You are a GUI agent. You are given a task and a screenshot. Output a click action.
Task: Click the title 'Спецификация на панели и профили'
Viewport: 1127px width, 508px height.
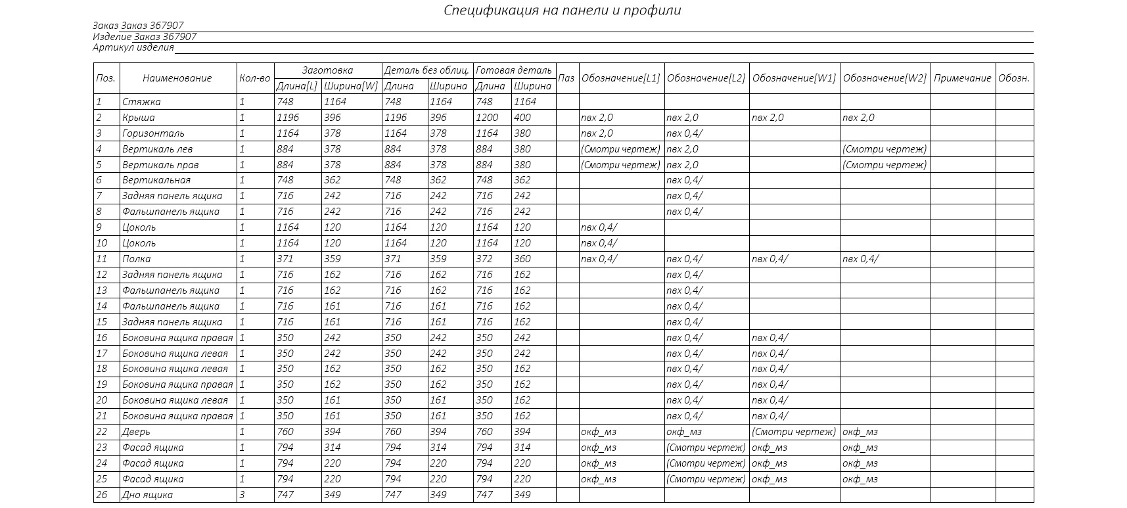[562, 11]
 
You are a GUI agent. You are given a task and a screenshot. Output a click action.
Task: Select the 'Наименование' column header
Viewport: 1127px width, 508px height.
[177, 78]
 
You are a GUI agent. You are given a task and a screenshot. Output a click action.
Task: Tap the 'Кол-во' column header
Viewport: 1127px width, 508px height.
[255, 78]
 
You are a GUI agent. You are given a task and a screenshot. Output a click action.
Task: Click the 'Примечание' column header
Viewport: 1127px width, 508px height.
[962, 78]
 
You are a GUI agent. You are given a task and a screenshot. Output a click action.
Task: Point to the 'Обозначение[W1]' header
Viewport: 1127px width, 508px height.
[794, 78]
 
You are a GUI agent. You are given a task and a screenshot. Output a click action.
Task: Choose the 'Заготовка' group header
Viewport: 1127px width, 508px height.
[327, 70]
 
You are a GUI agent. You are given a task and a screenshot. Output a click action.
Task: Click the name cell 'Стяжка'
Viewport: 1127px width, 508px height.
[141, 102]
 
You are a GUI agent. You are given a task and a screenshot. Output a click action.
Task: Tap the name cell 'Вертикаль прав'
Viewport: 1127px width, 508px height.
[160, 165]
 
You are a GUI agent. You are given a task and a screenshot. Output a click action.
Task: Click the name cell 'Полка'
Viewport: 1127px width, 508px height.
[136, 259]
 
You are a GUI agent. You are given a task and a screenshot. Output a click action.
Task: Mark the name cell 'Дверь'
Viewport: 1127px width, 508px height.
[136, 432]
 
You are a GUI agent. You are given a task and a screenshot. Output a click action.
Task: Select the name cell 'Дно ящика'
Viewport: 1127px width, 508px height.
[147, 495]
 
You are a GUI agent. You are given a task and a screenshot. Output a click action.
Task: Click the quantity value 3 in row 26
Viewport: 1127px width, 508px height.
[242, 495]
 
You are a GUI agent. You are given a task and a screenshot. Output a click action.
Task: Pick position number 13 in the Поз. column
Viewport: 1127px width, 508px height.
[102, 290]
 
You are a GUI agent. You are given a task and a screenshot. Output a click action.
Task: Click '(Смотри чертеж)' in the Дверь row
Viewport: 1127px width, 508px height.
[794, 432]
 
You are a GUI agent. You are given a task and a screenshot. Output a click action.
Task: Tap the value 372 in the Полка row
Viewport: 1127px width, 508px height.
[484, 259]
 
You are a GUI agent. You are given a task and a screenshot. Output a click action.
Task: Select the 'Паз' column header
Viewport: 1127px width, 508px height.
[566, 78]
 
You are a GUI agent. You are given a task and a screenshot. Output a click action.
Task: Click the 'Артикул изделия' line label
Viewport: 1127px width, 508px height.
[133, 47]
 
